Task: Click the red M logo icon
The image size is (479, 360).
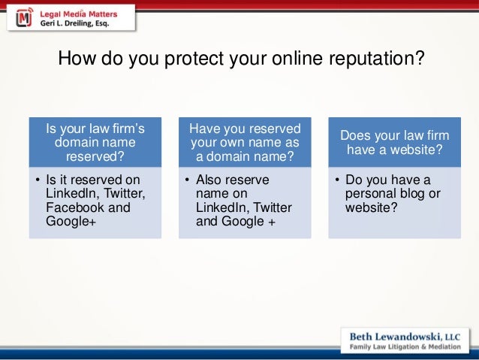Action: [x=25, y=17]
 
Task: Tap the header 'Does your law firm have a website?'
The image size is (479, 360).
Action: [x=394, y=142]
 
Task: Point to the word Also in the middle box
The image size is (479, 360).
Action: [x=209, y=180]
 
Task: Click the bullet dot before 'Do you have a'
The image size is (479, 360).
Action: [x=338, y=180]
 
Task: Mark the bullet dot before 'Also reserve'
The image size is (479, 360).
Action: [x=188, y=180]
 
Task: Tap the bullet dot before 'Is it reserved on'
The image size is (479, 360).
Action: [x=38, y=180]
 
